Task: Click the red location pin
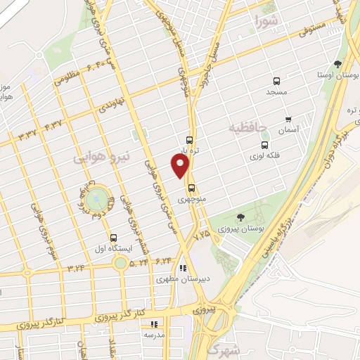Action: tap(181, 165)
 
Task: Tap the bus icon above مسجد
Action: tap(276, 81)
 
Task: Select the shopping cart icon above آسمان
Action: tap(288, 120)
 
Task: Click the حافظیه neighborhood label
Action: tap(249, 129)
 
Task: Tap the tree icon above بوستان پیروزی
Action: tap(240, 217)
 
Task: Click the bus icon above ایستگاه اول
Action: tap(113, 237)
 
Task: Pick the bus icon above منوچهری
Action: tap(191, 187)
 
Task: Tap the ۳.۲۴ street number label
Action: tap(76, 268)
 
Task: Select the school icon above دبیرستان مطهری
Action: tap(183, 267)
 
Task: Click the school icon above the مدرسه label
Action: tap(153, 324)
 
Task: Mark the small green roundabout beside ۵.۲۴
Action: tap(120, 263)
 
